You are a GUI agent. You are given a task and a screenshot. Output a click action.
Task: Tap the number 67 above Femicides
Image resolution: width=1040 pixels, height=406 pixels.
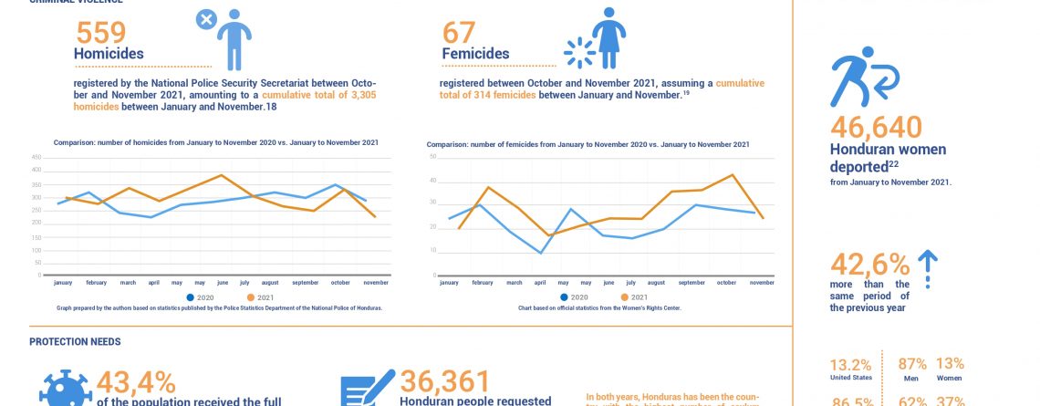(460, 33)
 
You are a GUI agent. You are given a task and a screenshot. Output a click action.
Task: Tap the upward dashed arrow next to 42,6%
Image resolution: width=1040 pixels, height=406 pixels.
(927, 269)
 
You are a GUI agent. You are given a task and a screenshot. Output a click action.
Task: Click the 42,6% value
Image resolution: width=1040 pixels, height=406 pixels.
(869, 265)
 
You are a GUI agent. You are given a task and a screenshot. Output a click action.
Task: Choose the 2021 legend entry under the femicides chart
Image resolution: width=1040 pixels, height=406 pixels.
(635, 298)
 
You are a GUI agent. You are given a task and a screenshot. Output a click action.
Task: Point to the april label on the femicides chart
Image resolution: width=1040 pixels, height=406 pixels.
(540, 284)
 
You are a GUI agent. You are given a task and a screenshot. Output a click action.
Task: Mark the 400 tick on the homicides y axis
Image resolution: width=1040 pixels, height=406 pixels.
(36, 170)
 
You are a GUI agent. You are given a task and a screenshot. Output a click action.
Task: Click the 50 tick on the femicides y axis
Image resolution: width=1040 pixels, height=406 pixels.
(433, 157)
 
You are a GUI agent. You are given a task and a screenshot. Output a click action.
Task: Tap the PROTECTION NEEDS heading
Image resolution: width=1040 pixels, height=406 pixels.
(75, 342)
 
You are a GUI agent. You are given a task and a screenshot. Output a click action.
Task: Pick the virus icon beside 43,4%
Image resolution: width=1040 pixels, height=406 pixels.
(66, 390)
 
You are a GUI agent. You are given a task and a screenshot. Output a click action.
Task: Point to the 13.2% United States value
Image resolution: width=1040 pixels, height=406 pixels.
(850, 364)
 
